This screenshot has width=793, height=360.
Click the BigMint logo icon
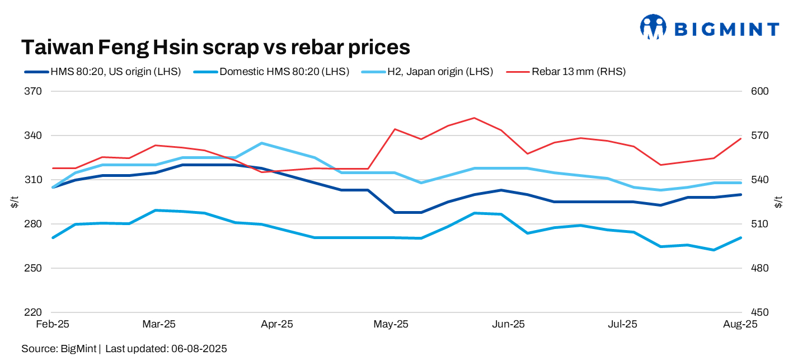(653, 27)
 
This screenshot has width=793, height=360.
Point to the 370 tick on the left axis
(35, 91)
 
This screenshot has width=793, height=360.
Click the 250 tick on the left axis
(35, 268)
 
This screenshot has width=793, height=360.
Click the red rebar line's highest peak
(474, 118)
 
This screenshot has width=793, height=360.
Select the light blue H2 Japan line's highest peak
(262, 143)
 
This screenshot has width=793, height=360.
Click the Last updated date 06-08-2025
(198, 349)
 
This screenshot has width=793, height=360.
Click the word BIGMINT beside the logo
(726, 29)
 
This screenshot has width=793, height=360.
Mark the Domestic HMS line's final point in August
(741, 238)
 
